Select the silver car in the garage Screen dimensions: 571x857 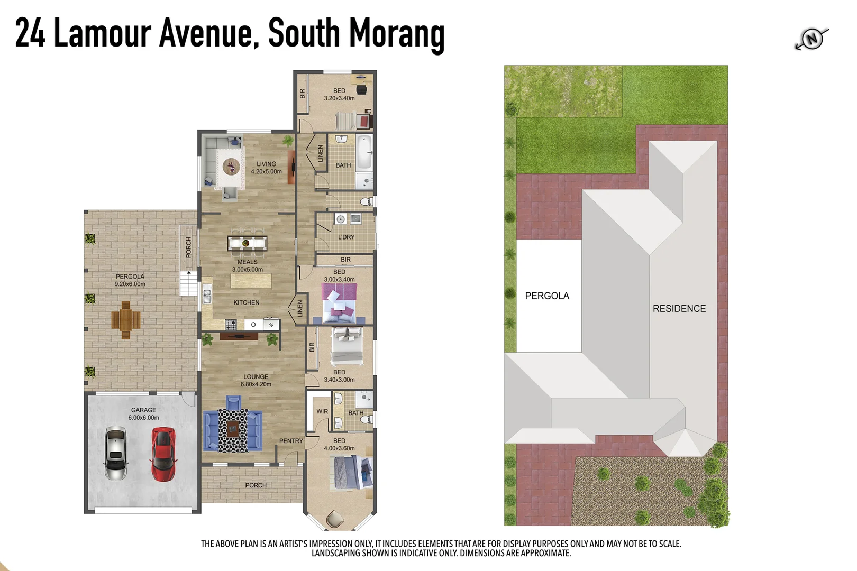pos(116,453)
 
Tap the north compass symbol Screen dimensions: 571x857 pos(812,39)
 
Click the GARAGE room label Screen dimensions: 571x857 pos(143,410)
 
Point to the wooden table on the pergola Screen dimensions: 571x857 pos(126,320)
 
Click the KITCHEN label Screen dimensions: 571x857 pos(247,302)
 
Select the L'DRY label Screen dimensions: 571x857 pos(347,237)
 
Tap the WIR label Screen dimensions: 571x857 pos(322,411)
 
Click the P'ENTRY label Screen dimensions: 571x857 pos(291,441)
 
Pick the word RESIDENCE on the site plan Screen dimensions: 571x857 pos(679,309)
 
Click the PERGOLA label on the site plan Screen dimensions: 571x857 pos(547,296)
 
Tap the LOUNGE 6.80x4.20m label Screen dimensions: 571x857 pos(256,381)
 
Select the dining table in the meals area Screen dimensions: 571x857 pos(247,243)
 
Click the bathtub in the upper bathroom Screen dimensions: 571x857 pos(364,152)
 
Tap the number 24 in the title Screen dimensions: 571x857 pos(30,33)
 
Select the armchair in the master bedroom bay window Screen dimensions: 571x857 pos(334,519)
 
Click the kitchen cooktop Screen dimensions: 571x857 pos(231,325)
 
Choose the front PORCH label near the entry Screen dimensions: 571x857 pos(256,485)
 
